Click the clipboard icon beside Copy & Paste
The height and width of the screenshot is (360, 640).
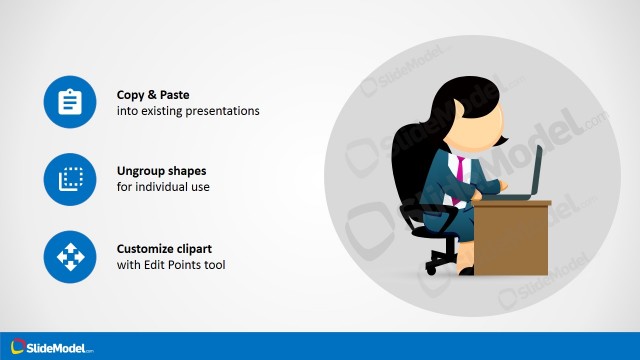[70, 102]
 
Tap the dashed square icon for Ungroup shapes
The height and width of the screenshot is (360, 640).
[70, 179]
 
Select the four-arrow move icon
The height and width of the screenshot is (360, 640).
[70, 256]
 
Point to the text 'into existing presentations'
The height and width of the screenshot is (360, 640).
[188, 111]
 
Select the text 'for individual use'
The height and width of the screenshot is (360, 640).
[163, 187]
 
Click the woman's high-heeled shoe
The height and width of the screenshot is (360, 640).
[465, 269]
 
